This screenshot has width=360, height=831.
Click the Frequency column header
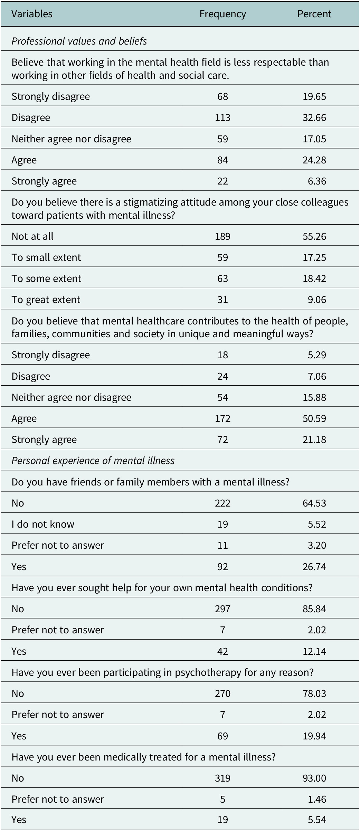click(222, 14)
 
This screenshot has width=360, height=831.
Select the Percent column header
click(314, 14)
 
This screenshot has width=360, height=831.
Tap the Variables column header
click(32, 14)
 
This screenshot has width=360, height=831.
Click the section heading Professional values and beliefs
click(79, 41)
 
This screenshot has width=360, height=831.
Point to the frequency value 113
click(222, 117)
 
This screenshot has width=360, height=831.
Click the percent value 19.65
click(314, 96)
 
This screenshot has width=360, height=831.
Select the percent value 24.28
click(314, 160)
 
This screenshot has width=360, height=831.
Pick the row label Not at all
click(32, 236)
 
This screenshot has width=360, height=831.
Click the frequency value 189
click(222, 236)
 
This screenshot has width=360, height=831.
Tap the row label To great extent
click(46, 300)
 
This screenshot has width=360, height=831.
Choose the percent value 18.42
click(314, 278)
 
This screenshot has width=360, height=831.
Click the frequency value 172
click(222, 418)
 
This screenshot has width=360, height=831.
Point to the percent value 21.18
click(314, 440)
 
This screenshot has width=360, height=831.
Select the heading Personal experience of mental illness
click(93, 461)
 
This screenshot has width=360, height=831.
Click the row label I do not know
click(43, 524)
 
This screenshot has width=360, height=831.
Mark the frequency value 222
click(222, 503)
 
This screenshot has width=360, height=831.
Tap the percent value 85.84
click(314, 609)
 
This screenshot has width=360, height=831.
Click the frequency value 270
click(222, 693)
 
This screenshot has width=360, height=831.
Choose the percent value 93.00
click(314, 778)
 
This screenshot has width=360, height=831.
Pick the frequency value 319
click(222, 778)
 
